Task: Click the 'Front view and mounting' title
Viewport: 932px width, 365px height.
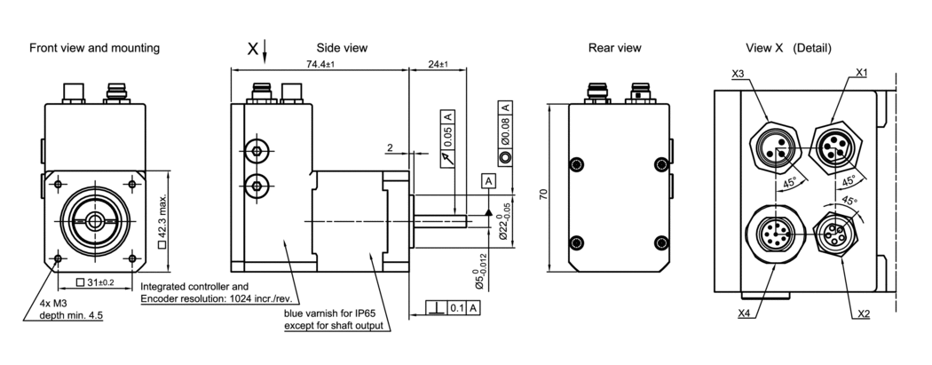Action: [x=95, y=48]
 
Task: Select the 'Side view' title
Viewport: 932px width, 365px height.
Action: [x=342, y=48]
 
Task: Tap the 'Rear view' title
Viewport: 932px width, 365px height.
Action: [x=614, y=48]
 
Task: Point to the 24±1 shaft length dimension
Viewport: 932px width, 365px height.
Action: [x=438, y=65]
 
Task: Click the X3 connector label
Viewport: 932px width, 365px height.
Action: [x=738, y=75]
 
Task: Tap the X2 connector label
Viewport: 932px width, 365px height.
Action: [x=862, y=313]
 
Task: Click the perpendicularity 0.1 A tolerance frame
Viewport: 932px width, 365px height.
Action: [x=452, y=307]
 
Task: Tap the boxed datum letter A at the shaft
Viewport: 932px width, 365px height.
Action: [x=488, y=180]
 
